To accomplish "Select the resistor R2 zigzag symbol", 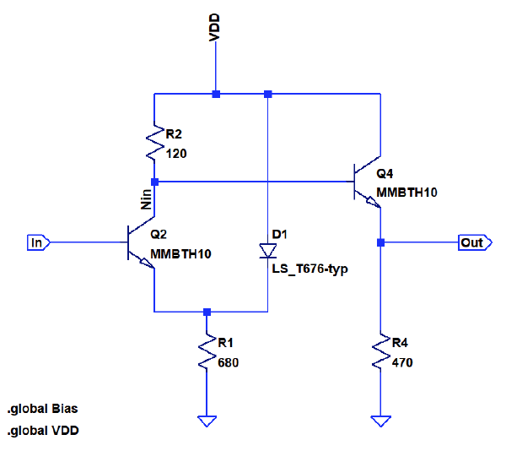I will tap(154, 143).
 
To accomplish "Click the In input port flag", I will tap(39, 243).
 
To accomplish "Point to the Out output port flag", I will tap(472, 243).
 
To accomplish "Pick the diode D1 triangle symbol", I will tap(267, 251).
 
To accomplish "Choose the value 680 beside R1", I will tap(228, 362).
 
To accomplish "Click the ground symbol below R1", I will tap(207, 421).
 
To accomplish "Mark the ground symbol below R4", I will tap(381, 421).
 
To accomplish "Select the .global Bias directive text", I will tap(42, 409).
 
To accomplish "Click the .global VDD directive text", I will tap(42, 432).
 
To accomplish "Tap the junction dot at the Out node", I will tap(381, 243).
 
